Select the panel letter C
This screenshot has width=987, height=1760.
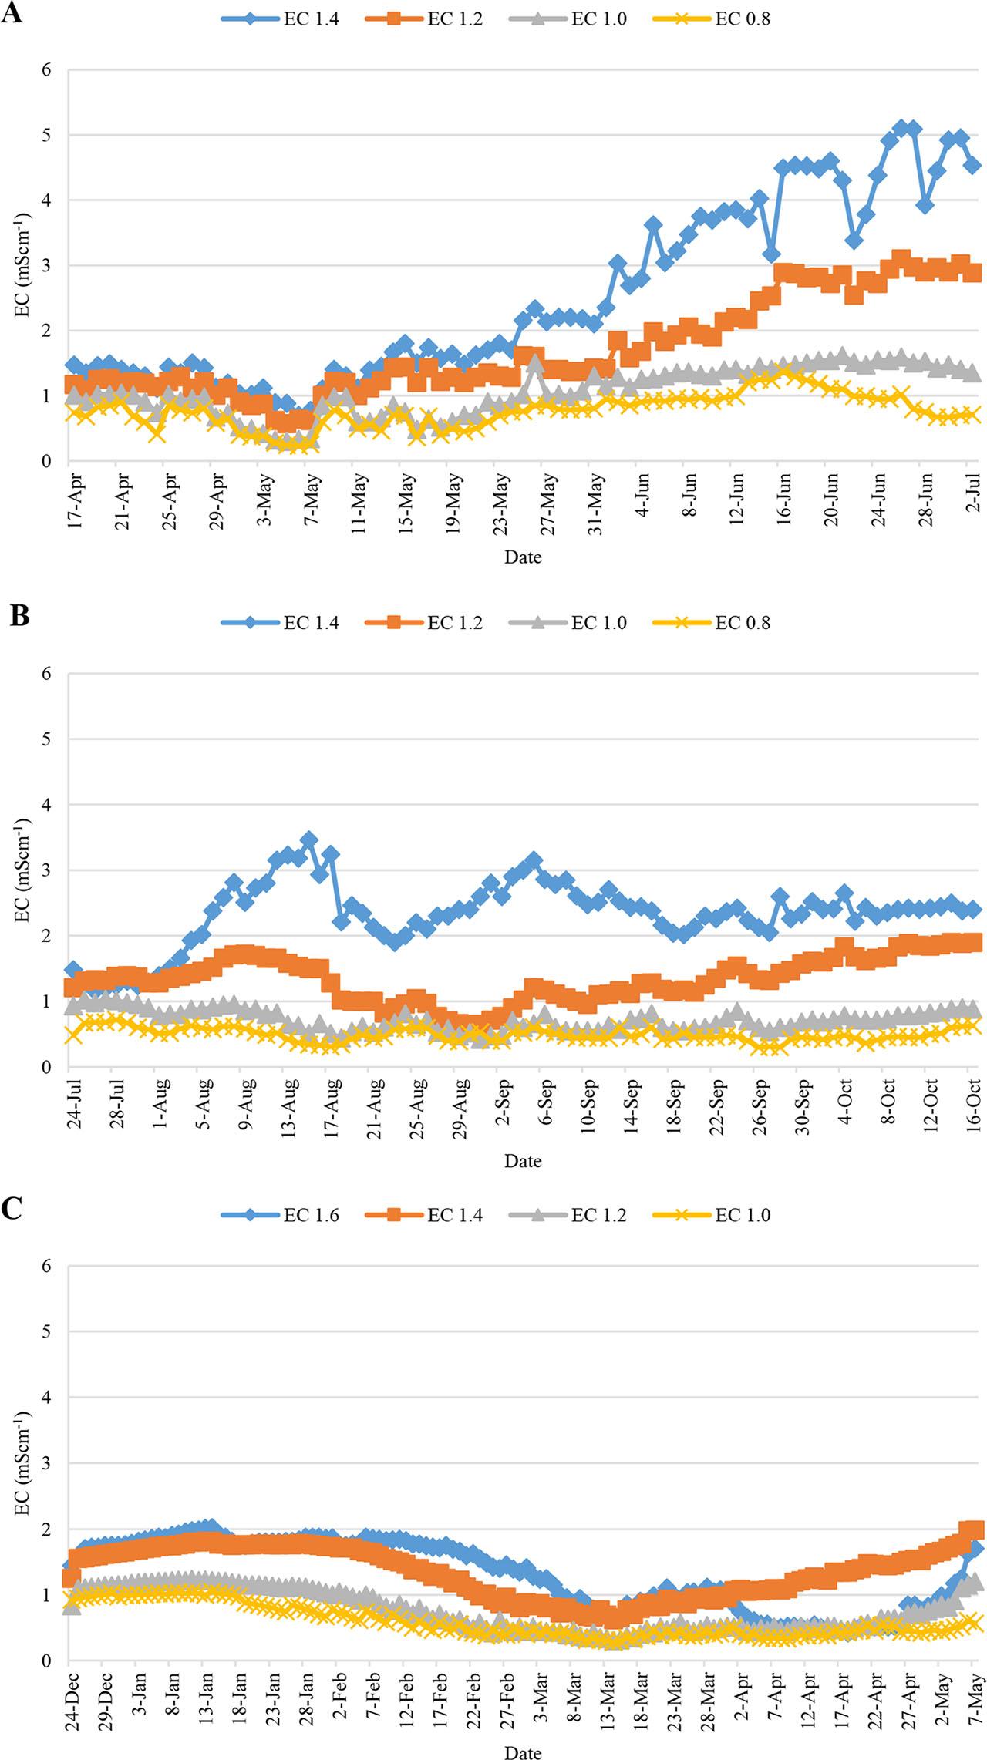[12, 1209]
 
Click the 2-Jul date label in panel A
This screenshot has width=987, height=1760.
[975, 495]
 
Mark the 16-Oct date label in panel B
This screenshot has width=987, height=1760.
[975, 1105]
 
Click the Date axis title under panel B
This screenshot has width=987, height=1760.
[523, 1160]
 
